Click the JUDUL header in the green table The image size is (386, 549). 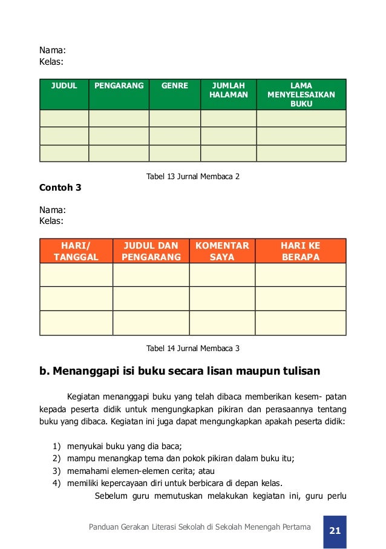click(x=64, y=86)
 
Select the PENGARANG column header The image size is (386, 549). click(x=119, y=86)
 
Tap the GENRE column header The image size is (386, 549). click(x=174, y=86)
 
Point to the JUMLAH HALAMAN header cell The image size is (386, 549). click(x=228, y=91)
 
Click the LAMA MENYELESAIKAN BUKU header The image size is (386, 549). click(x=301, y=95)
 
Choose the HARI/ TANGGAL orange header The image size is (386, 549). click(x=76, y=251)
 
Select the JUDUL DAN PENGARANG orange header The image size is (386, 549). click(x=151, y=251)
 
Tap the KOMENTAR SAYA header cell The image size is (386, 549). click(x=222, y=251)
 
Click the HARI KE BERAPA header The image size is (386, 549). click(x=300, y=251)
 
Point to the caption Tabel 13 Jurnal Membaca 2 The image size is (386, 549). click(x=193, y=177)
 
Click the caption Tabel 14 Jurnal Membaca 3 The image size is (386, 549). click(x=193, y=348)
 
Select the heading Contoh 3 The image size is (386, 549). click(x=60, y=188)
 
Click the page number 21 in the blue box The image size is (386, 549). click(x=335, y=531)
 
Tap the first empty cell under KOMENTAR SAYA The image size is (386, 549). click(x=222, y=275)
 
